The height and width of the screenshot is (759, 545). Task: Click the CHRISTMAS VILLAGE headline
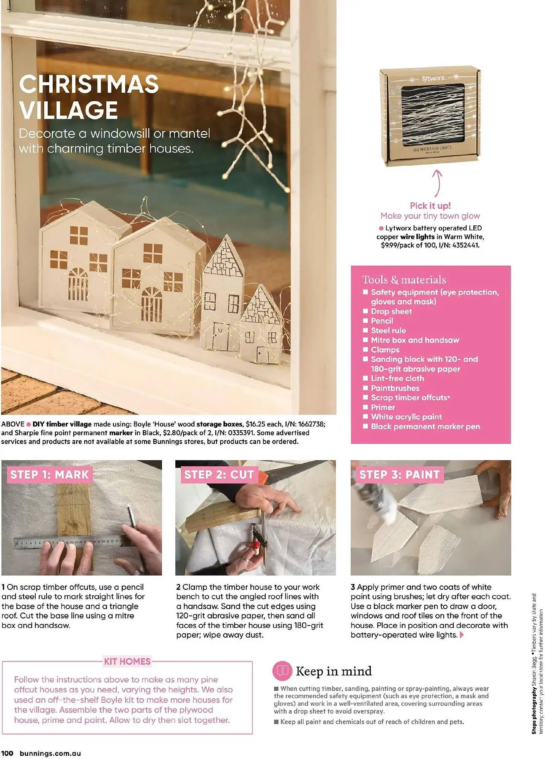tap(89, 97)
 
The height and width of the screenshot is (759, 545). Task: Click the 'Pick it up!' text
tap(430, 206)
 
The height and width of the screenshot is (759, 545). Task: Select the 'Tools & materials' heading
tap(404, 280)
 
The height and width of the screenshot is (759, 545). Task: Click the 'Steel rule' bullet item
tap(388, 331)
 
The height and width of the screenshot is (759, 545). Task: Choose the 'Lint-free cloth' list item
tap(397, 378)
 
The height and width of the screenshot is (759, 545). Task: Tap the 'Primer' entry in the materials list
tap(383, 407)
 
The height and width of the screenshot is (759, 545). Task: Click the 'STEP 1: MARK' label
tap(49, 474)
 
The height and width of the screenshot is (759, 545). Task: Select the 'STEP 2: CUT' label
tap(219, 474)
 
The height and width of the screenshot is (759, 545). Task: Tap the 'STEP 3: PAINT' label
tap(399, 474)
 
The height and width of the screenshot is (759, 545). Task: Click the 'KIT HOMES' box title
tap(128, 661)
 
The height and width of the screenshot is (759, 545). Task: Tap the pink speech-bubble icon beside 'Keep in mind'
tap(282, 671)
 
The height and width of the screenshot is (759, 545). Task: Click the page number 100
tap(7, 753)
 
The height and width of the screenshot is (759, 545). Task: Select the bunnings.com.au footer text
tap(50, 753)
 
